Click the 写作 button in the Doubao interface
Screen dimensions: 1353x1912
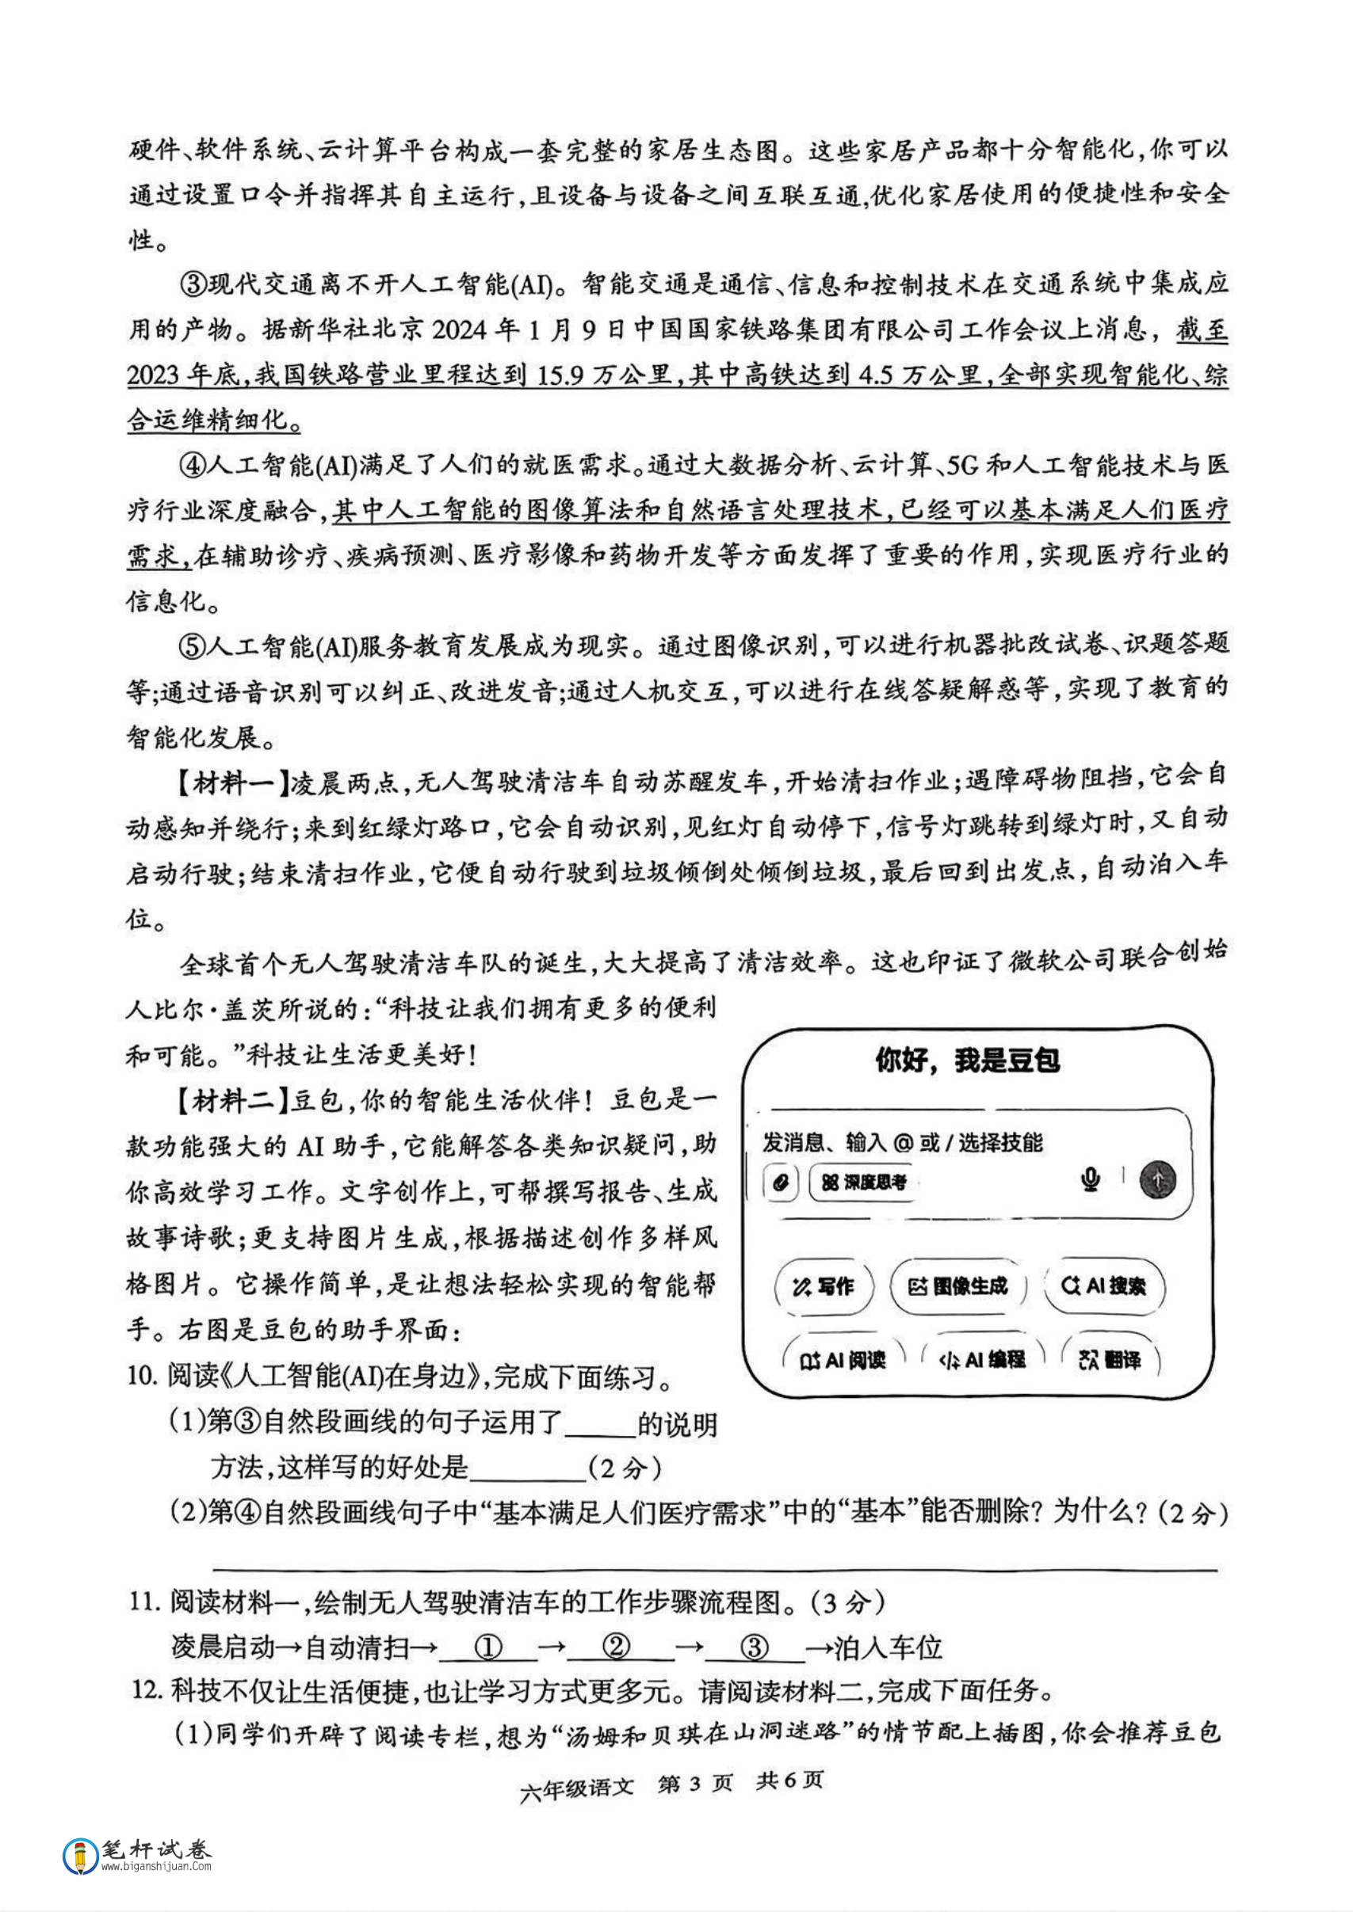tap(823, 1286)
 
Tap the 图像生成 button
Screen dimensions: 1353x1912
tap(958, 1286)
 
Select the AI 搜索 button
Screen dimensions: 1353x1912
tap(1104, 1285)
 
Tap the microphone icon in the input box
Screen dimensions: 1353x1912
tap(1090, 1179)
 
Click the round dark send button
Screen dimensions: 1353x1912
tap(1157, 1179)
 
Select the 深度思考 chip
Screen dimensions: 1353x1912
tap(863, 1182)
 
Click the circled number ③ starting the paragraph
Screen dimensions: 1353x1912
tap(193, 285)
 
